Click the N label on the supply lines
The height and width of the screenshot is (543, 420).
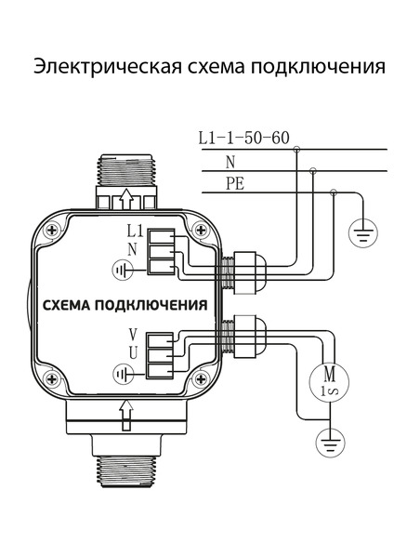[x=230, y=161]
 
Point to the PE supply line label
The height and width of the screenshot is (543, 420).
[x=234, y=183]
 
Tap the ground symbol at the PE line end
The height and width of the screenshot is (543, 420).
[x=364, y=232]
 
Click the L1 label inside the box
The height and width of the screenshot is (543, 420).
[x=133, y=230]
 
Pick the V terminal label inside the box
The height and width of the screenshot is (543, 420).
[x=133, y=334]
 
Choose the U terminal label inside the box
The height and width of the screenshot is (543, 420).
[x=133, y=352]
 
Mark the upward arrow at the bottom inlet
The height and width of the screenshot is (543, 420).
[x=126, y=410]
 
